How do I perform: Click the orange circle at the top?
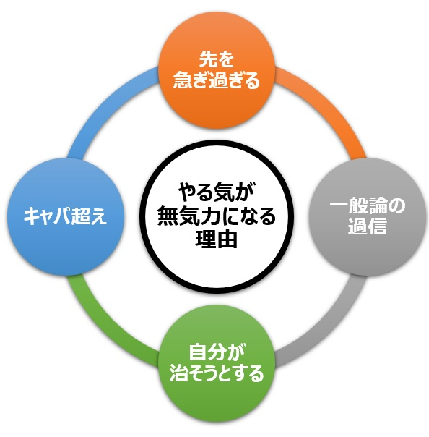(x=217, y=69)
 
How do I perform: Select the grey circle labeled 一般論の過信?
(x=368, y=216)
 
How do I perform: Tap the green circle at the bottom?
(x=217, y=363)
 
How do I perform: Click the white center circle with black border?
(x=217, y=216)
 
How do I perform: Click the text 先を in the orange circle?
(x=217, y=59)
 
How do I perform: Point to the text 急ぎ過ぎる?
(x=217, y=80)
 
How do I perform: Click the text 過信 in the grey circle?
(x=368, y=226)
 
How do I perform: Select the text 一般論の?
(x=368, y=205)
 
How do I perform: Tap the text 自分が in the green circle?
(x=217, y=352)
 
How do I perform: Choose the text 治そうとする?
(x=217, y=373)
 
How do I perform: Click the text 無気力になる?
(x=217, y=216)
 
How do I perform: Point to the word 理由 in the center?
(x=217, y=239)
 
